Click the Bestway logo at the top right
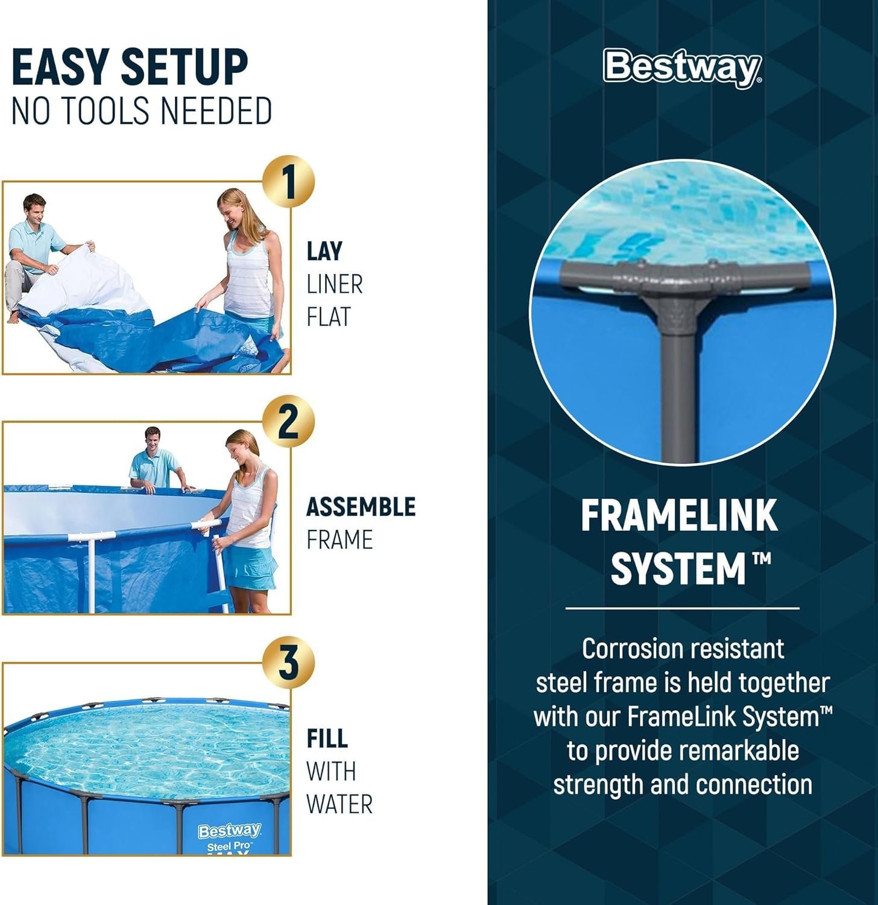682,68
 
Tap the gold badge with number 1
289,182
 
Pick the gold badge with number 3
289,662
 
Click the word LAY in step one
324,252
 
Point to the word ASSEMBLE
361,507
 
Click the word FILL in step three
327,738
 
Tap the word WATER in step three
339,804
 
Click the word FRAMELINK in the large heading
679,516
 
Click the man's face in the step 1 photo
35,208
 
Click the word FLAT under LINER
328,317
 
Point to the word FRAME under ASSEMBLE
339,540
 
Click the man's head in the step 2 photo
153,439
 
